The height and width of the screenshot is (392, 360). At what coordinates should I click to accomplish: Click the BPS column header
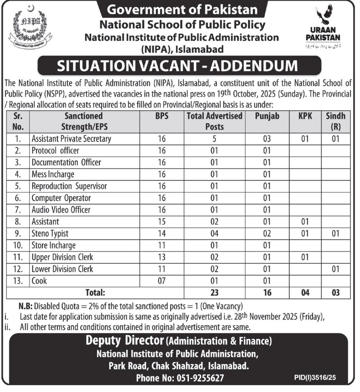point(162,116)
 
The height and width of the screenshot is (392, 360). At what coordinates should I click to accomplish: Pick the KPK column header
point(304,116)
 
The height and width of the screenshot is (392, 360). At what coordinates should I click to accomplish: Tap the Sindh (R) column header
point(335,121)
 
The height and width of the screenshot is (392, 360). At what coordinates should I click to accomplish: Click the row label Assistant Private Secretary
point(71,139)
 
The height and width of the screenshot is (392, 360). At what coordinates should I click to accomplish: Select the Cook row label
point(39,281)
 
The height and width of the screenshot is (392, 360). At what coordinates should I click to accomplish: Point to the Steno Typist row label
point(50,233)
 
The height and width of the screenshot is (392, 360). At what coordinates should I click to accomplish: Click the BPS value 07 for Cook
point(162,281)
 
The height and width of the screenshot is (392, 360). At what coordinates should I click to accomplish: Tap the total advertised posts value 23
point(214,293)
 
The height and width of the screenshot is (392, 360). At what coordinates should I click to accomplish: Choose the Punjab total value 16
point(267,293)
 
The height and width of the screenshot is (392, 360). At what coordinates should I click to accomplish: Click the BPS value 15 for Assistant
point(162,222)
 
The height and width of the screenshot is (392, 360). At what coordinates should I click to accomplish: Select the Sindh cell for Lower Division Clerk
point(335,269)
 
